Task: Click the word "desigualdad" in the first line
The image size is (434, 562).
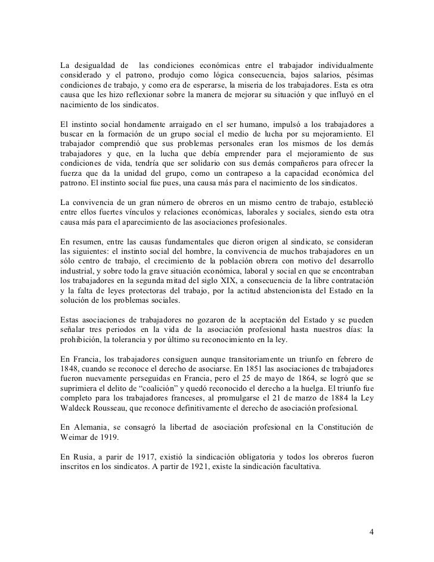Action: (x=97, y=64)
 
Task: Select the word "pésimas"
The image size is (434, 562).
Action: (x=357, y=74)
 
